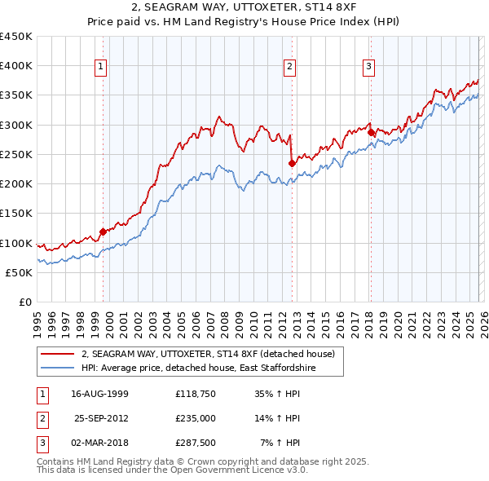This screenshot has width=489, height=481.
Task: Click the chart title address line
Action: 244,7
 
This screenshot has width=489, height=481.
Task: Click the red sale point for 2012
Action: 292,163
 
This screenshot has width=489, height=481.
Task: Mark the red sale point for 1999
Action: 103,232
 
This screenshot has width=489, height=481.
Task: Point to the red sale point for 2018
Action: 370,132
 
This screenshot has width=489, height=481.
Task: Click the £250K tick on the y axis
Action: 16,154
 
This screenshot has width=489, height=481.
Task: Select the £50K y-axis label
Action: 20,272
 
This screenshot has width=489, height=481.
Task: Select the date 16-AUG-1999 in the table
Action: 99,394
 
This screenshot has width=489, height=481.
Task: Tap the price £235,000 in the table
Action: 196,419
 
